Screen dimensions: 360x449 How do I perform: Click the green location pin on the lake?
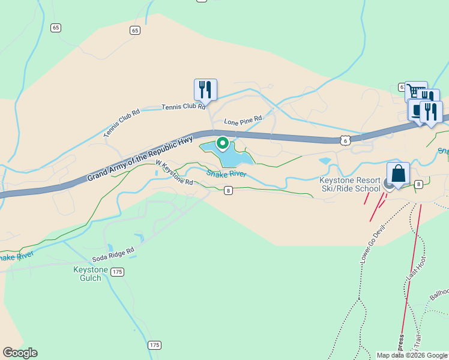click(222, 143)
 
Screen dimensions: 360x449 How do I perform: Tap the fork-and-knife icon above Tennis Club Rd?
click(205, 90)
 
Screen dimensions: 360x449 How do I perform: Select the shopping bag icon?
click(398, 174)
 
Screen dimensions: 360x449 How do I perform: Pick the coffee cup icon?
click(417, 110)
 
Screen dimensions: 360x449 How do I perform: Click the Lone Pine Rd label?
click(243, 121)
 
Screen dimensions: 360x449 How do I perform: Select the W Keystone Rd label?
click(174, 172)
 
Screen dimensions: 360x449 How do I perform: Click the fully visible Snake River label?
click(226, 173)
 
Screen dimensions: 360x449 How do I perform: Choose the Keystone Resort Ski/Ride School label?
click(351, 184)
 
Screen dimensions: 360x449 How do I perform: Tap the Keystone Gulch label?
click(90, 274)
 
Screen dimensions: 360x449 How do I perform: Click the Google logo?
click(20, 353)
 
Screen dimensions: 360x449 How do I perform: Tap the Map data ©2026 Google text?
click(412, 355)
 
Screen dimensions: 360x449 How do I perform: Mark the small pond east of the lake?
click(325, 161)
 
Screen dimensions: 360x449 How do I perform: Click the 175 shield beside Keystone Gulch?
click(118, 272)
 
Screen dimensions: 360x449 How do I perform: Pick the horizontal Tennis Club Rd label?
click(183, 107)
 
